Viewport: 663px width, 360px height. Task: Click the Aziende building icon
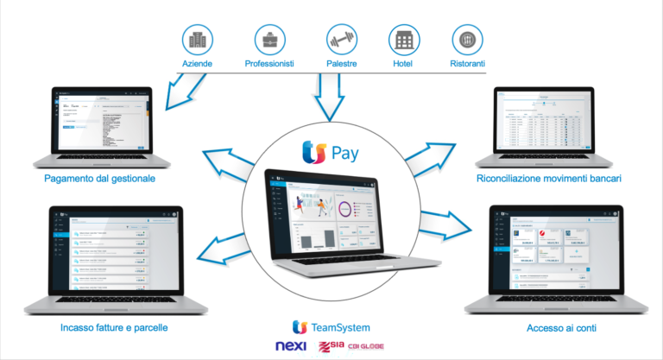[197, 40]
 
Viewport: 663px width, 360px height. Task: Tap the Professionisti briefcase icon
[270, 40]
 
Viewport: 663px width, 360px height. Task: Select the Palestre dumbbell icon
[340, 40]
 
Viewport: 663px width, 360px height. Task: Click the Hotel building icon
[402, 40]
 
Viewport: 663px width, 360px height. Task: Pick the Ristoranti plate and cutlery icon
[466, 40]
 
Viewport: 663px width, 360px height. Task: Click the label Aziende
[197, 64]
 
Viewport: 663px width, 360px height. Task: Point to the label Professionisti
[269, 64]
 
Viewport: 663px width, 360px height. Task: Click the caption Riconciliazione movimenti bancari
[550, 179]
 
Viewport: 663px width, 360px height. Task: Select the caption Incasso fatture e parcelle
[114, 328]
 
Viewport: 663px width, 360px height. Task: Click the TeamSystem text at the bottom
[341, 327]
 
